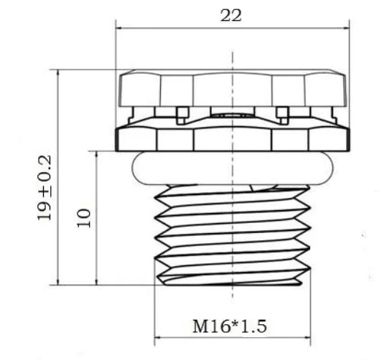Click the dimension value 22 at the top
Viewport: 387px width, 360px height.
tap(231, 16)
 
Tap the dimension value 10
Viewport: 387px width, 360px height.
tap(84, 217)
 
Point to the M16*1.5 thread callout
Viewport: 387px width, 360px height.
tap(229, 326)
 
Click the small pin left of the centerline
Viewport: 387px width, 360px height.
tap(182, 113)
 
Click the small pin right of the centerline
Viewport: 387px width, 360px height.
tap(282, 113)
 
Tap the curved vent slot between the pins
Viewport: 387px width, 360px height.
tap(231, 114)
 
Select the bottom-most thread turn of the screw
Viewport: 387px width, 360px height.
tap(231, 278)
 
